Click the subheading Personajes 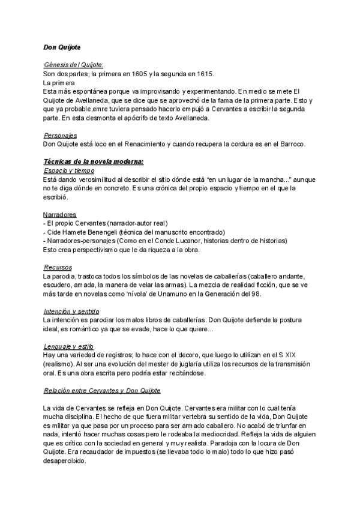[x=60, y=136]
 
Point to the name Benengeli [x=113, y=232]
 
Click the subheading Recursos [x=58, y=267]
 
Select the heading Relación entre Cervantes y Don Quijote [x=103, y=391]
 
